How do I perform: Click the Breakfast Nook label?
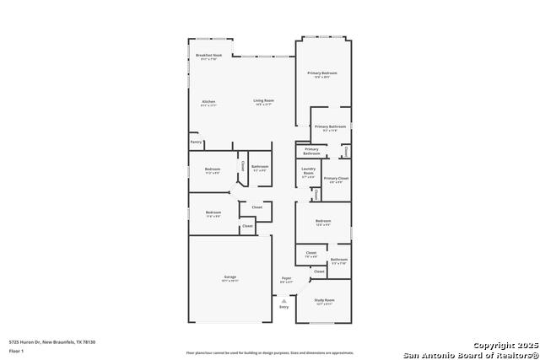208,56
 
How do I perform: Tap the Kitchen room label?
208,102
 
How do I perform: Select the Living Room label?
264,102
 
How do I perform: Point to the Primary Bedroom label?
322,75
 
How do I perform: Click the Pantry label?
196,142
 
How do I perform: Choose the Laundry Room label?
309,173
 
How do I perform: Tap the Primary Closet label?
335,180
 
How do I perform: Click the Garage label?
229,277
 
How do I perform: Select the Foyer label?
286,279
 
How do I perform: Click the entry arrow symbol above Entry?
284,300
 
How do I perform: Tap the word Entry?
283,307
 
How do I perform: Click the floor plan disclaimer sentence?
270,352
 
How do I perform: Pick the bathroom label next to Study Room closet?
339,261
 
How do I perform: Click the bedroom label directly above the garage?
213,213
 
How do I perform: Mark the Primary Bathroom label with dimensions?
330,127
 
